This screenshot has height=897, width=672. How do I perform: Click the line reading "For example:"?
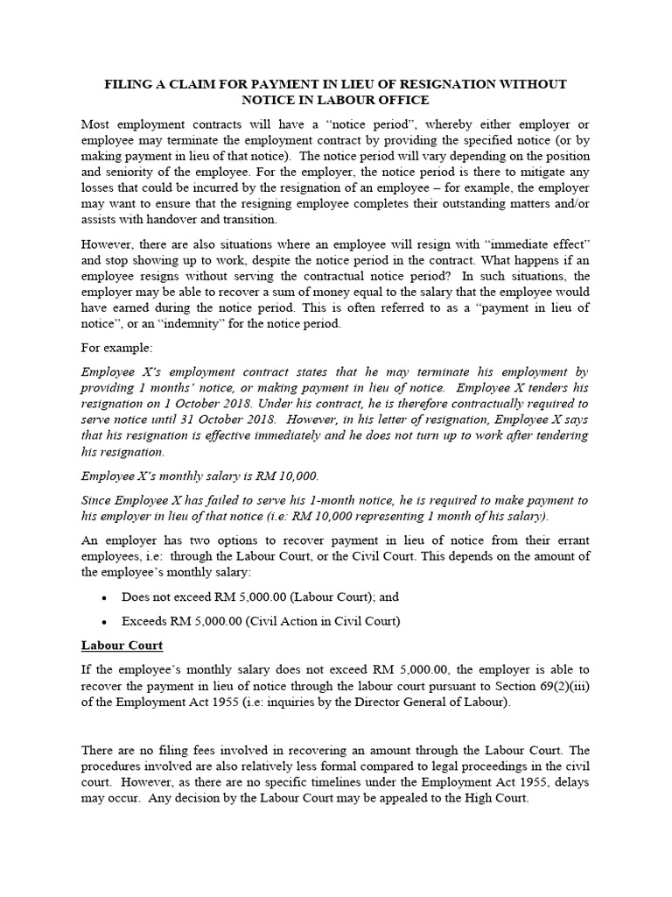coord(116,349)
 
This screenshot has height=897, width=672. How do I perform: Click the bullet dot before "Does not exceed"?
coord(104,598)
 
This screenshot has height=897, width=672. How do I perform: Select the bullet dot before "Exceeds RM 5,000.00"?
coord(104,623)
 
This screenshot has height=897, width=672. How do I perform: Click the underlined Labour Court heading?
coord(122,646)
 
